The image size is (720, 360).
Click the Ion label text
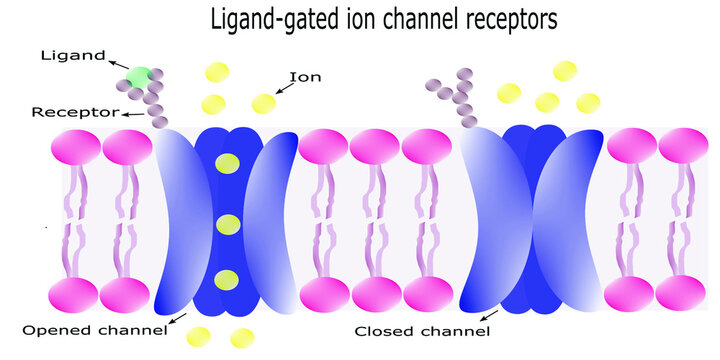click(305, 76)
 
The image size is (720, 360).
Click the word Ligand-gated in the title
click(265, 19)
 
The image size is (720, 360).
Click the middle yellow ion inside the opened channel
click(228, 224)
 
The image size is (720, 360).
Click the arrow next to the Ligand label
click(117, 65)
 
